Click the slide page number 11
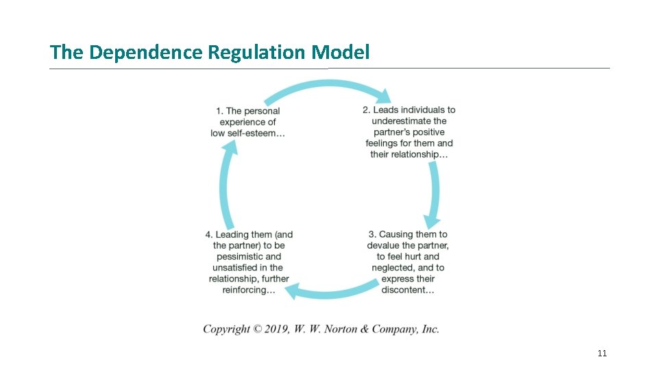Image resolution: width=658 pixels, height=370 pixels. pos(602,354)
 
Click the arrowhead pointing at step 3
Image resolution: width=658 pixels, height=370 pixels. pos(430,221)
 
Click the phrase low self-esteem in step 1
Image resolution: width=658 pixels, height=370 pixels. pos(247,133)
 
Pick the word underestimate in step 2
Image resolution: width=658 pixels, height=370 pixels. pos(409,121)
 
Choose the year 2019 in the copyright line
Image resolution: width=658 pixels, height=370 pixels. pos(276,329)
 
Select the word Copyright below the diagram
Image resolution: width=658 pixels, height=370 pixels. pos(226,329)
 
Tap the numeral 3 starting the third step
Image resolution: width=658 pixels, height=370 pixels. pos(371,234)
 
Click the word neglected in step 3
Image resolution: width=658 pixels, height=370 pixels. pos(393,267)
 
